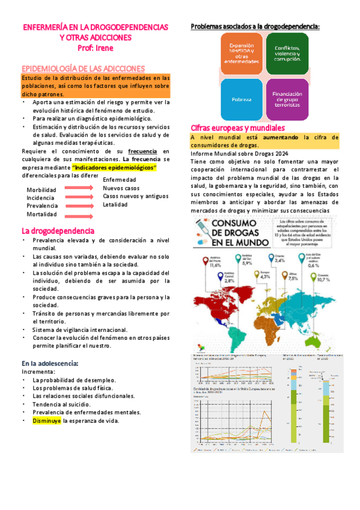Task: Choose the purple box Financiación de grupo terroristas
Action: (287, 98)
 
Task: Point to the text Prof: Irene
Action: (96, 47)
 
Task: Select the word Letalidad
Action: (115, 204)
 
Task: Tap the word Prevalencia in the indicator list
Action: (41, 206)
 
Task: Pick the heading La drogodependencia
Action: (58, 231)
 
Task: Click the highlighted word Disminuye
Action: (46, 421)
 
